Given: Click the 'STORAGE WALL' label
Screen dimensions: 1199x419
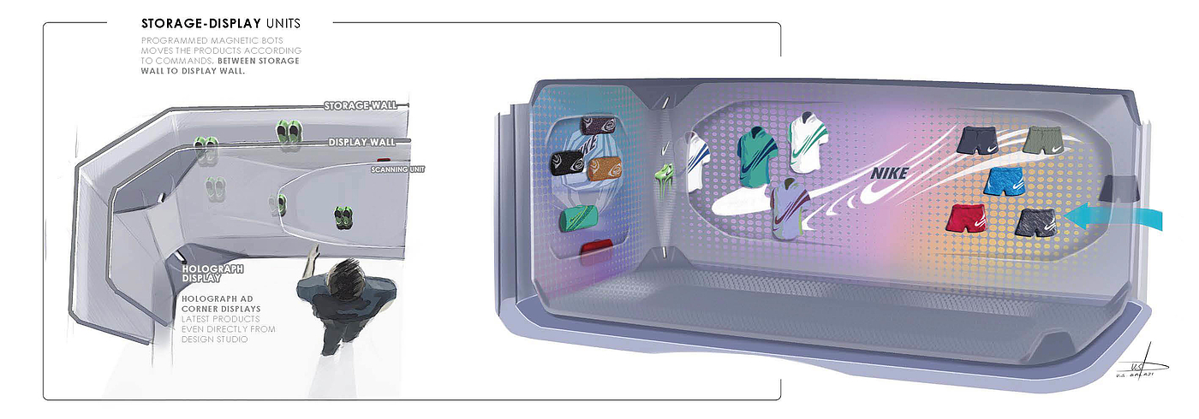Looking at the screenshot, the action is tap(360, 105).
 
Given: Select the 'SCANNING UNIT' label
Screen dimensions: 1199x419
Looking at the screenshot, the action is tap(398, 169).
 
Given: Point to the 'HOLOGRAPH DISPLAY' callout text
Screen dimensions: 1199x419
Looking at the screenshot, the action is tap(213, 273).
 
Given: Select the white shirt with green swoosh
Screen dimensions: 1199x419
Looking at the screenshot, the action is tap(808, 139).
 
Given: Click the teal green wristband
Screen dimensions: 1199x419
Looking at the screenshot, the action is tap(580, 219).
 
